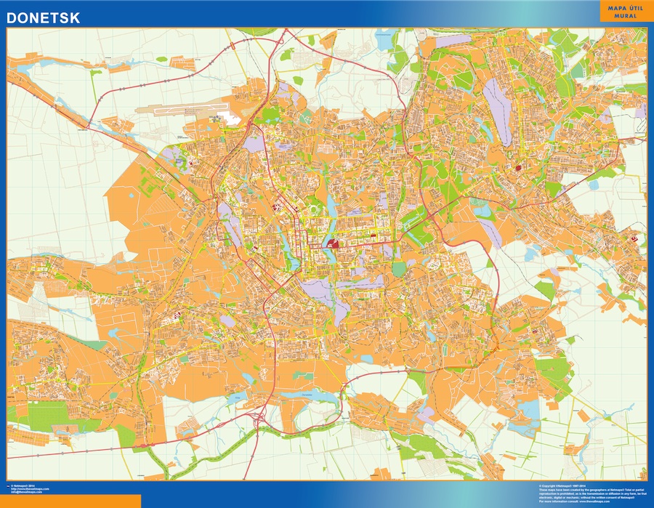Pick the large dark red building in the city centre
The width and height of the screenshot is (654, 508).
(x=333, y=245)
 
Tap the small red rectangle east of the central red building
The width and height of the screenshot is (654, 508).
(x=373, y=237)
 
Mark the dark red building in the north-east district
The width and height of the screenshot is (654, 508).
(x=518, y=168)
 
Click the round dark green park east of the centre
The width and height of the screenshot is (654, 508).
(x=398, y=269)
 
